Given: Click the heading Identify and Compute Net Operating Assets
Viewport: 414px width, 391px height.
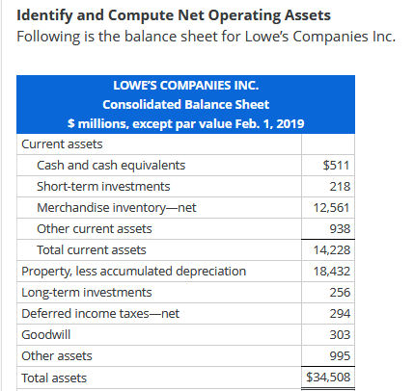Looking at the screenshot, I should [x=173, y=16].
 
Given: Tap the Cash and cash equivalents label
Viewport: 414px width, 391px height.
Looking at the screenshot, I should [x=111, y=165].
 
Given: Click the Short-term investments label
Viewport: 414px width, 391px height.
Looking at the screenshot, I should [x=103, y=186].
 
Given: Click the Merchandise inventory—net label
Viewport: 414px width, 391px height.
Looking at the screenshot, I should [x=116, y=207].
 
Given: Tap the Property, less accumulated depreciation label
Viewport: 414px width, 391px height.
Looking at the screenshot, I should [x=133, y=271].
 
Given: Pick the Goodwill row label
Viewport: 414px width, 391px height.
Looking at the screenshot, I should [x=44, y=334].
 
